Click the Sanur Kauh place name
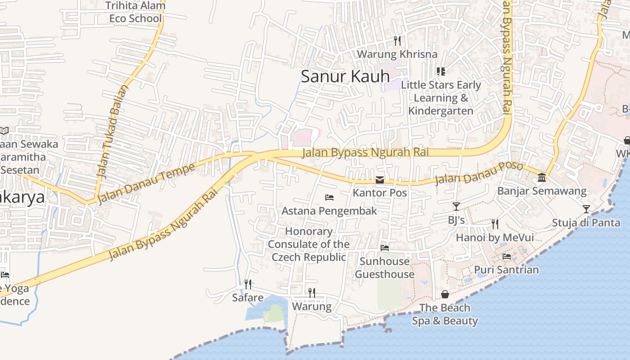(345, 76)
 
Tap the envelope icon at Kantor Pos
(380, 180)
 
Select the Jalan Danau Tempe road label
(146, 184)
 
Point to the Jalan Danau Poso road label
(479, 173)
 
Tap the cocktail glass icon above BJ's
(456, 207)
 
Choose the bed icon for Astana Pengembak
(329, 198)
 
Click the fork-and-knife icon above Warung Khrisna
(397, 41)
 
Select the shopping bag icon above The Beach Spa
(445, 294)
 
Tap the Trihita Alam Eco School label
(135, 12)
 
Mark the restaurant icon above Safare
(247, 284)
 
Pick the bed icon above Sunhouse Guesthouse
(384, 247)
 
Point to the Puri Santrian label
(506, 270)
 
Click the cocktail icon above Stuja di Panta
(586, 209)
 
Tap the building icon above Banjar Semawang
(542, 178)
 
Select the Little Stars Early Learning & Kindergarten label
(441, 98)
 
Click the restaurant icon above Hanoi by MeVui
(495, 224)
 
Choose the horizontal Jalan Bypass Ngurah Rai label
(365, 152)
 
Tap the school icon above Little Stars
(441, 72)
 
